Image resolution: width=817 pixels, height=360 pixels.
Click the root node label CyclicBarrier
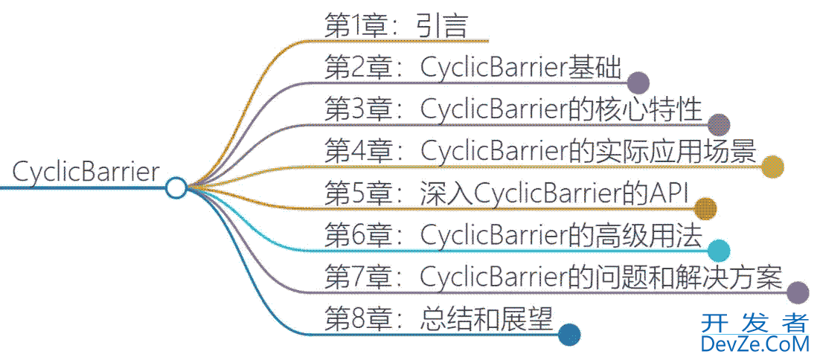[86, 173]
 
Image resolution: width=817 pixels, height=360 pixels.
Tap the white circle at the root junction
[176, 187]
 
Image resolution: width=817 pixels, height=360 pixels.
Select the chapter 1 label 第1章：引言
[396, 26]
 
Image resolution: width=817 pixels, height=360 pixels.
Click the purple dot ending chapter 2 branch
[638, 83]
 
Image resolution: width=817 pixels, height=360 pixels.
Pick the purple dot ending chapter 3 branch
[719, 124]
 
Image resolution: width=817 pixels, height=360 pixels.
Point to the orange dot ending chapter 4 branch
[772, 167]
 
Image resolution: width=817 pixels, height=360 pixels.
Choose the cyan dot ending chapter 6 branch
[719, 251]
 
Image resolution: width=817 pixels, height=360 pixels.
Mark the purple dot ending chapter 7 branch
[798, 293]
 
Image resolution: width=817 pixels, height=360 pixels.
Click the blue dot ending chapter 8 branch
[569, 335]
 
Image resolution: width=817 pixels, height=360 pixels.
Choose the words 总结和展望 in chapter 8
[487, 320]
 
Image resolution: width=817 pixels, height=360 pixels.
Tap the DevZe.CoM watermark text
[754, 344]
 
